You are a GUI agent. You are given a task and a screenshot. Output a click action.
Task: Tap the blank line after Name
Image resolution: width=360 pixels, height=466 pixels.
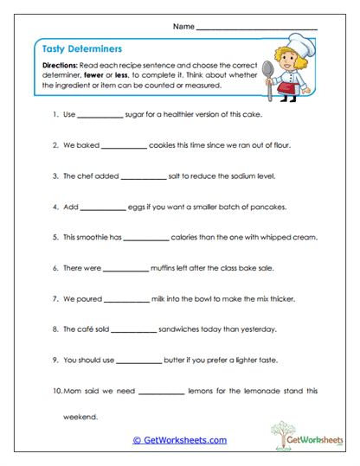pyautogui.click(x=257, y=29)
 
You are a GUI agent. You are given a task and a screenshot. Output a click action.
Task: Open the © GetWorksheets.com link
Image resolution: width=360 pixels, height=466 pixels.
pyautogui.click(x=180, y=440)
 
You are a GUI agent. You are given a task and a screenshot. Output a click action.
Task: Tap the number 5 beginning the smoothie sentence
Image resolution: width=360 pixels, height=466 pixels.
pyautogui.click(x=55, y=238)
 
